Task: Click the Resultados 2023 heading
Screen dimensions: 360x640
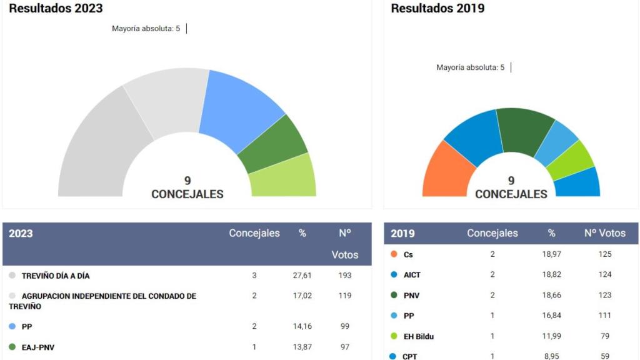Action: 56,9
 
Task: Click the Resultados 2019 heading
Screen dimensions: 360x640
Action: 437,9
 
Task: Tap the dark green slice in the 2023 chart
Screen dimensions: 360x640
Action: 274,145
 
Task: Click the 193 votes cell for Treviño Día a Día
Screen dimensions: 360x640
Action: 344,276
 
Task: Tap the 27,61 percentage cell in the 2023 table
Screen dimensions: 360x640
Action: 302,276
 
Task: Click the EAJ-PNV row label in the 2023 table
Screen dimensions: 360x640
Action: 38,347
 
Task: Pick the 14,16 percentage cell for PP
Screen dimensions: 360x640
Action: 302,326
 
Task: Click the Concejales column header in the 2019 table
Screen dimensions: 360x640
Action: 492,233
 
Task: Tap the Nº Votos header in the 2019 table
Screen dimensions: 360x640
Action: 604,233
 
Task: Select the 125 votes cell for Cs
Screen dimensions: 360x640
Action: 604,254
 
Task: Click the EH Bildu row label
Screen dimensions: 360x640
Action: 419,336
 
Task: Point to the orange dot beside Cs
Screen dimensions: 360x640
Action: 394,254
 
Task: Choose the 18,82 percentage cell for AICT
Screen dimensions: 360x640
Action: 551,274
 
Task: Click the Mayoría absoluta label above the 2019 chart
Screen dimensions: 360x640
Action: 470,67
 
